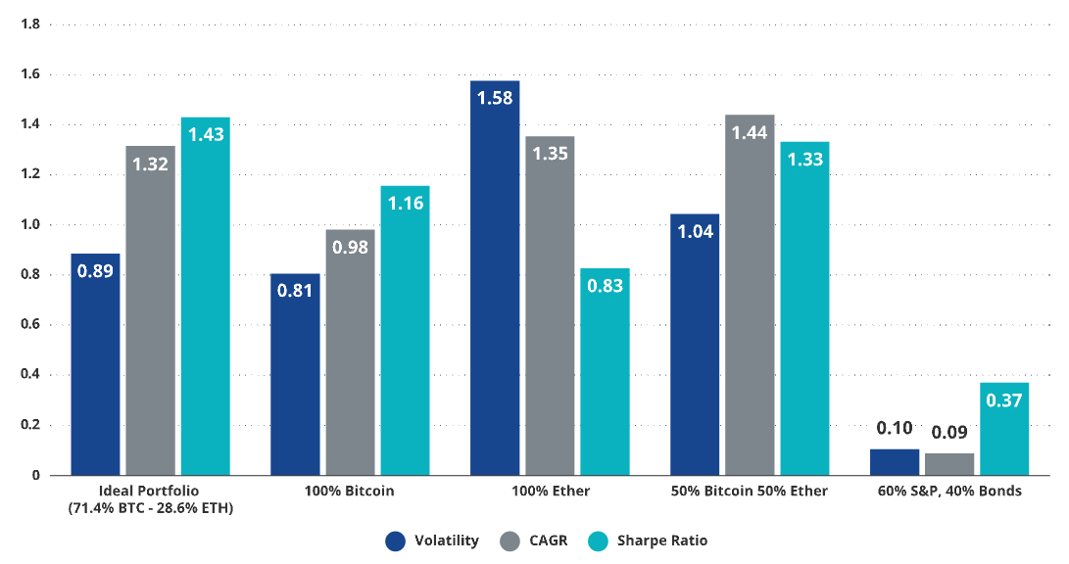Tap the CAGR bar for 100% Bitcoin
tap(350, 352)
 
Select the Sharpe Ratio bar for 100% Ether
tap(605, 372)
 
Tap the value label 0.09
tap(949, 431)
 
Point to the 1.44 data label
tap(750, 132)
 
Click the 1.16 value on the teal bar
tap(405, 204)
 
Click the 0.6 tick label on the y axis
tap(29, 325)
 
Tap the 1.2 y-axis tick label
tap(29, 174)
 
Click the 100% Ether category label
tap(550, 491)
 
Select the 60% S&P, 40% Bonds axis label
tap(949, 491)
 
